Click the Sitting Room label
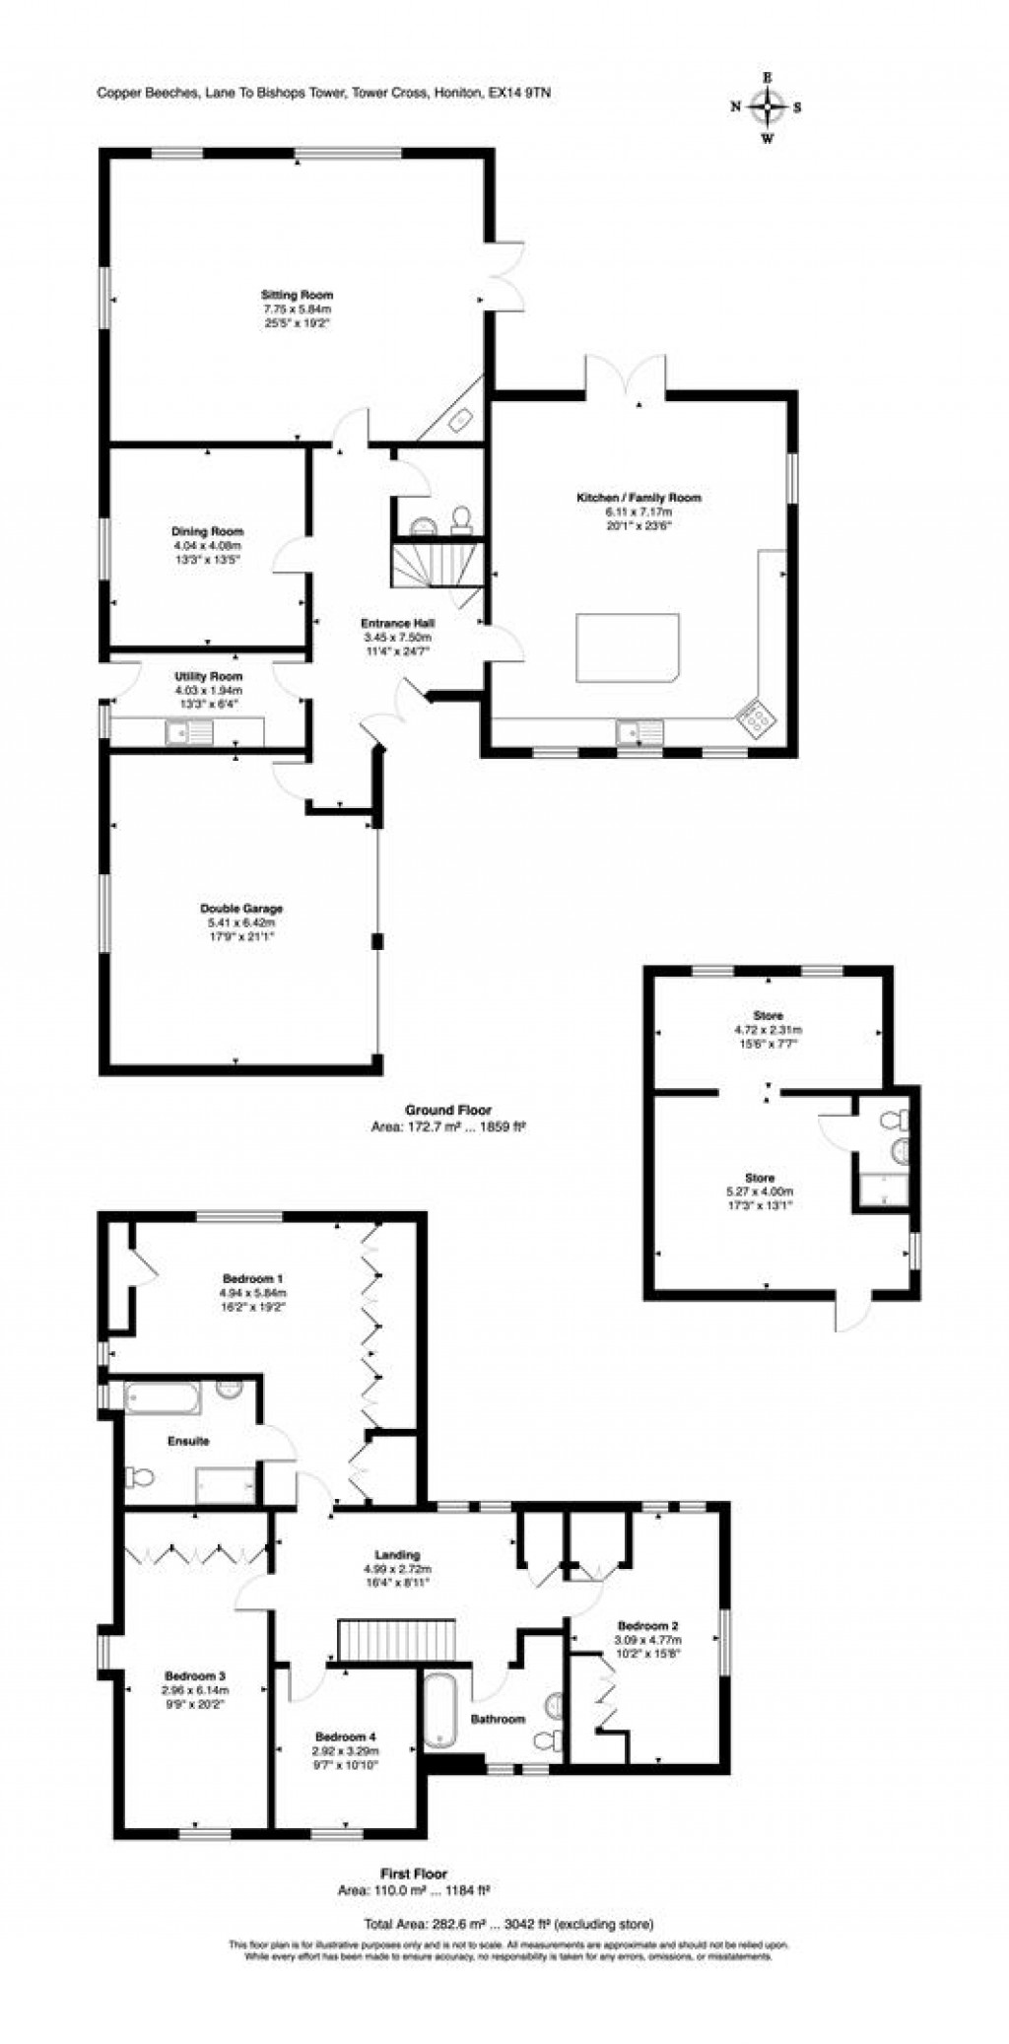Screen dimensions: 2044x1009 pyautogui.click(x=297, y=295)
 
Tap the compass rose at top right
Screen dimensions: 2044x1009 pyautogui.click(x=767, y=106)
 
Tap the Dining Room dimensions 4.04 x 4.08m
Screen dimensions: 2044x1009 pyautogui.click(x=207, y=545)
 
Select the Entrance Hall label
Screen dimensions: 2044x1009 pyautogui.click(x=397, y=623)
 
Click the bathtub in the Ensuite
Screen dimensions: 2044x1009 pyautogui.click(x=163, y=1396)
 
